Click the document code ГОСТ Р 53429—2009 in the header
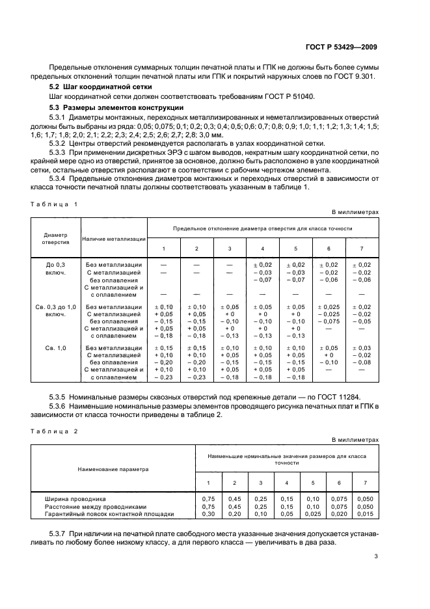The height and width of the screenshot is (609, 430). (x=341, y=47)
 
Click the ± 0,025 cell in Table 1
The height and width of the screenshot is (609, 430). (x=329, y=306)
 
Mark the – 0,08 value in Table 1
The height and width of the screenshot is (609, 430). (x=362, y=362)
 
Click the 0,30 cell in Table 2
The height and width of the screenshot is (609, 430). (x=209, y=514)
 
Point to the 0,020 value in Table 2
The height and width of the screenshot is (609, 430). (x=338, y=514)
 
